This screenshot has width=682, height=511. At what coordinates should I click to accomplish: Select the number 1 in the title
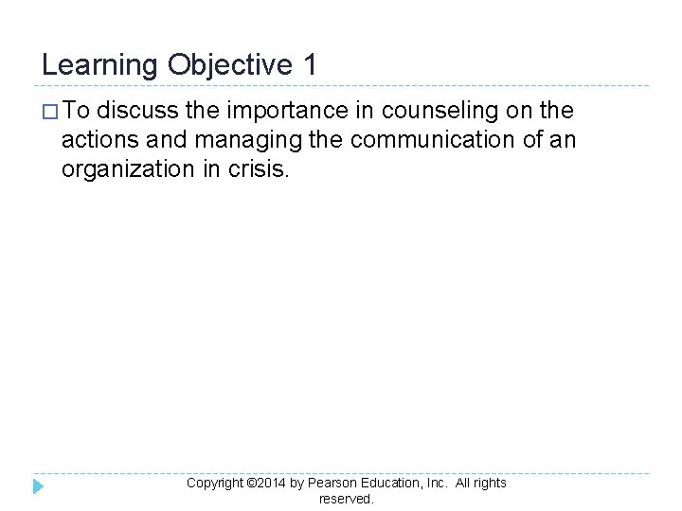[x=311, y=64]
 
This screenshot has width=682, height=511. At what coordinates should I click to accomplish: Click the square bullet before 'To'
[x=50, y=113]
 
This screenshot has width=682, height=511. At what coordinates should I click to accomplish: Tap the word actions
[x=97, y=141]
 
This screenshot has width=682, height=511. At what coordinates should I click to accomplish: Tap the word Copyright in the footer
[x=215, y=484]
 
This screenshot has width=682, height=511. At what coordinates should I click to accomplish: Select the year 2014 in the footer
[x=271, y=484]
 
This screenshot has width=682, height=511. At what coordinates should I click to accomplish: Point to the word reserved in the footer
[x=347, y=499]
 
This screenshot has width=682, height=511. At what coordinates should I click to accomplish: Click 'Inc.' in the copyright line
[x=437, y=483]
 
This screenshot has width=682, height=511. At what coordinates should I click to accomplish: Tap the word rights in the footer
[x=490, y=484]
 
